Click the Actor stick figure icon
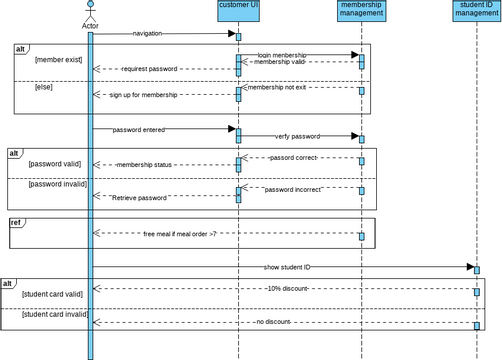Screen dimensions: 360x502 coord(90,11)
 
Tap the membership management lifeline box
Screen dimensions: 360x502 coord(360,10)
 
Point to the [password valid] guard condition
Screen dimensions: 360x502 coord(57,163)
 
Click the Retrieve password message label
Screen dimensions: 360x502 coord(139,198)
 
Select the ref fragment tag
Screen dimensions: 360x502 coord(17,222)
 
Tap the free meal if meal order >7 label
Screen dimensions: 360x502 coord(179,233)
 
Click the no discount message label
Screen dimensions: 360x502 coord(273,322)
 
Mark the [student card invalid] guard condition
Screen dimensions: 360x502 coord(54,315)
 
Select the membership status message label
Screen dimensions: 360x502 coord(144,164)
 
